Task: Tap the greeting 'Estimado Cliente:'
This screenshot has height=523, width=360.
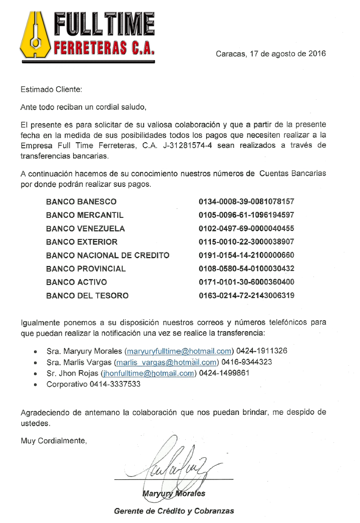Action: point(51,90)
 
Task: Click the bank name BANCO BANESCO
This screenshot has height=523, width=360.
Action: point(81,202)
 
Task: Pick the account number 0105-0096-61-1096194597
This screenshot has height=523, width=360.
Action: point(246,215)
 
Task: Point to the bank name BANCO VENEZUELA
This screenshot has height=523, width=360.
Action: point(86,229)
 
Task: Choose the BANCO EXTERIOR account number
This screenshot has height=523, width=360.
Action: point(246,242)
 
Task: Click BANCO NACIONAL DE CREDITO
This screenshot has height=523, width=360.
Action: point(108,255)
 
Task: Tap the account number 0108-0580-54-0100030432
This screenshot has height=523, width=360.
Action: point(246,269)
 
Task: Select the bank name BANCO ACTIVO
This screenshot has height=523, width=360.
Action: point(76,283)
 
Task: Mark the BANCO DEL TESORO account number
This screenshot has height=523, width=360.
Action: point(246,296)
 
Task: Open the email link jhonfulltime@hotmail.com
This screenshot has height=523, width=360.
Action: point(148,373)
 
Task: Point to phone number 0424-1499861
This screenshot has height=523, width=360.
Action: point(222,373)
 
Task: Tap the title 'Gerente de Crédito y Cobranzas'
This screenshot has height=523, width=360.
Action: point(174,511)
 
